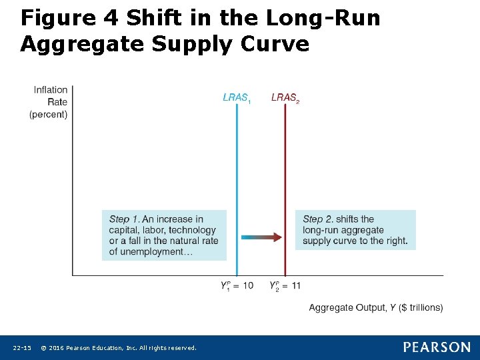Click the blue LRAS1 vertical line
pyautogui.click(x=237, y=167)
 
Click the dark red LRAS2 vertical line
pyautogui.click(x=285, y=167)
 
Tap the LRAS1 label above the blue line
pyautogui.click(x=237, y=98)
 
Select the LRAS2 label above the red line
pyautogui.click(x=285, y=98)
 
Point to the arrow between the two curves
pyautogui.click(x=261, y=237)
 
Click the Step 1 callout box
pyautogui.click(x=164, y=235)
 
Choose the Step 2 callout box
pyautogui.click(x=355, y=229)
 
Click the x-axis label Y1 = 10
pyautogui.click(x=237, y=286)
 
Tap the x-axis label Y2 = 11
pyautogui.click(x=285, y=286)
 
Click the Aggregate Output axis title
pyautogui.click(x=375, y=307)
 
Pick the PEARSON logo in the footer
pyautogui.click(x=436, y=347)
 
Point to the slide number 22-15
pyautogui.click(x=22, y=348)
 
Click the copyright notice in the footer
pyautogui.click(x=119, y=348)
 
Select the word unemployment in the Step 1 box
pyautogui.click(x=155, y=251)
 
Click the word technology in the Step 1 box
pyautogui.click(x=193, y=230)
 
